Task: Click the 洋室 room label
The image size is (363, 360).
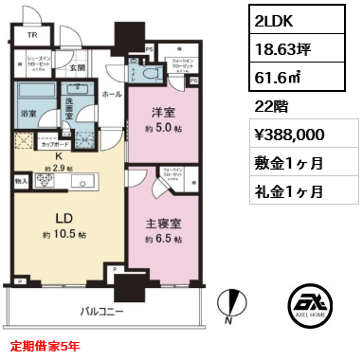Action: tap(160, 110)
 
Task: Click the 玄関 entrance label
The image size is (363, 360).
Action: tap(77, 67)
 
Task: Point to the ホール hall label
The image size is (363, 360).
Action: tap(107, 95)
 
